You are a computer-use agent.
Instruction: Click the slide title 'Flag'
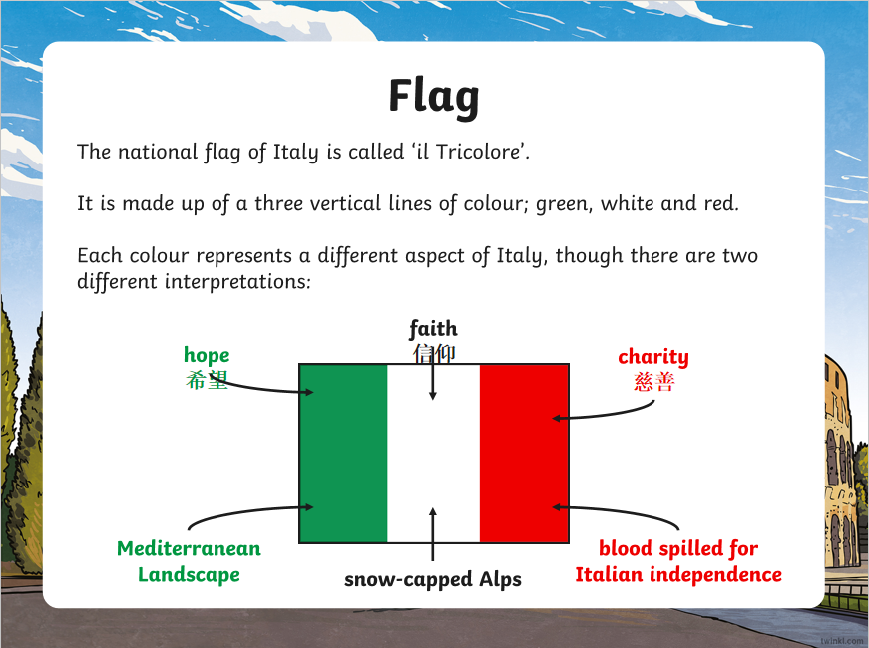[x=434, y=97]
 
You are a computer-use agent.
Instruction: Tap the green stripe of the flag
[x=343, y=453]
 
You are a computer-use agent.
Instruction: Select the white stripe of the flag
[x=433, y=453]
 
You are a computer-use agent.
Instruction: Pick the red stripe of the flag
[x=524, y=453]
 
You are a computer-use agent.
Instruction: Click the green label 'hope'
[x=207, y=356]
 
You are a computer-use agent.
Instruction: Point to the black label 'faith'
[x=433, y=328]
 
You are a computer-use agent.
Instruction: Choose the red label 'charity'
[x=653, y=357]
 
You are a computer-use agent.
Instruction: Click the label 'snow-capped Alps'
[x=433, y=580]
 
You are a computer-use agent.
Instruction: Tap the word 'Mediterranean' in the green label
[x=189, y=549]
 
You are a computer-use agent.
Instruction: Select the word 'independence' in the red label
[x=715, y=575]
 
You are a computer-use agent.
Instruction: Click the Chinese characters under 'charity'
[x=653, y=382]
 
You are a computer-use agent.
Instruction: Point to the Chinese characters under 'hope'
[x=207, y=380]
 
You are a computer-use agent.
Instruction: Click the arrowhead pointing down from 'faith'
[x=433, y=396]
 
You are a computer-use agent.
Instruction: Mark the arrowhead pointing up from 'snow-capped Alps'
[x=433, y=512]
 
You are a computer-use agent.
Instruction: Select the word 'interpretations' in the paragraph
[x=237, y=282]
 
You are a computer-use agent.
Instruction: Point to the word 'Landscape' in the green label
[x=189, y=575]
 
